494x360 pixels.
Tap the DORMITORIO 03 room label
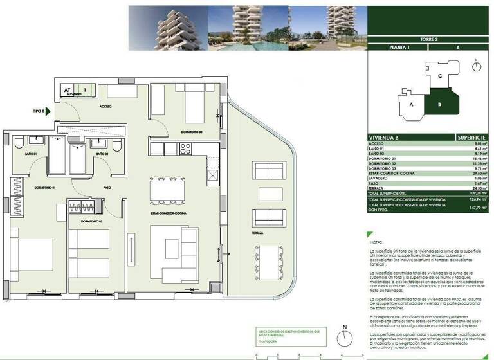point(192,132)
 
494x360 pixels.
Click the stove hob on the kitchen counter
point(185,148)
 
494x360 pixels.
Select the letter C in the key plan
point(439,76)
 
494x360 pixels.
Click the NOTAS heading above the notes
point(375,233)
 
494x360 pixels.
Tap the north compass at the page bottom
point(345,338)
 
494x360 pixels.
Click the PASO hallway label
point(108,188)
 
